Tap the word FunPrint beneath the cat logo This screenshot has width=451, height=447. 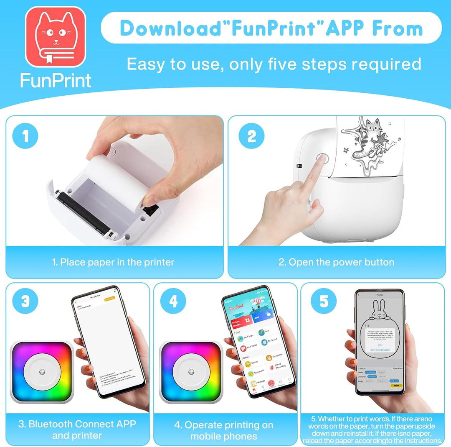pyautogui.click(x=56, y=80)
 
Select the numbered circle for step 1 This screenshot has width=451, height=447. pyautogui.click(x=26, y=136)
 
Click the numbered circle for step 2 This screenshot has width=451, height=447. pyautogui.click(x=252, y=136)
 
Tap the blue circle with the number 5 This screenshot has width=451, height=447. pyautogui.click(x=324, y=302)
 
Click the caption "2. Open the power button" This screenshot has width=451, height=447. pyautogui.click(x=336, y=262)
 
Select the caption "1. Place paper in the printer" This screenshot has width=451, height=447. pyautogui.click(x=113, y=262)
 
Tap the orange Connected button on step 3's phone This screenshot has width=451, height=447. pyautogui.click(x=109, y=299)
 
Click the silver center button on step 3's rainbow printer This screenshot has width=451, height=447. pyautogui.click(x=42, y=371)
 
